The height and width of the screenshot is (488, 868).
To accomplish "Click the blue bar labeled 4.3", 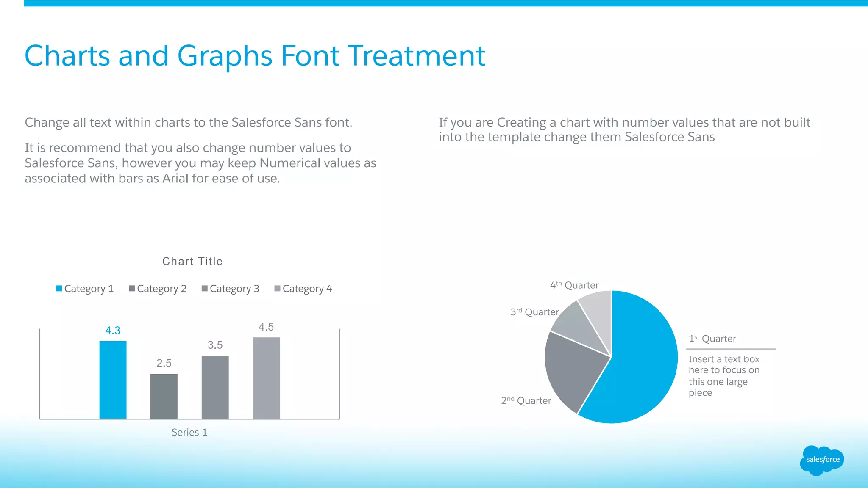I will coord(113,380).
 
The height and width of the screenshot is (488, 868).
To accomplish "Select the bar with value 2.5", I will coord(164,396).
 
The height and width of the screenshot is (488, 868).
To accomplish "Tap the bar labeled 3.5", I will coord(215,387).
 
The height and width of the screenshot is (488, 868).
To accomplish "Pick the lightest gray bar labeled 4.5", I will coord(266,378).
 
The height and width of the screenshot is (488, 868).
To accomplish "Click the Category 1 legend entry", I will coord(85,289).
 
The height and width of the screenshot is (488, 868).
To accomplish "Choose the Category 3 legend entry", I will coord(231,289).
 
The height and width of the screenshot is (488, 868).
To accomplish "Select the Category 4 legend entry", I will coord(303,289).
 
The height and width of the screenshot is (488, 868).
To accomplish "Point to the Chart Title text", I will coord(192,261).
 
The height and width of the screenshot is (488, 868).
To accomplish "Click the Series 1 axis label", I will coord(189,432).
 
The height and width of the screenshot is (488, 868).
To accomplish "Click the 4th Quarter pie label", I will coord(574,285).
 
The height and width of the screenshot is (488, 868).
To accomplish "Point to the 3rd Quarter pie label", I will coord(534,312).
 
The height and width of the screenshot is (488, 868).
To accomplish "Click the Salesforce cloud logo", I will coord(822,460).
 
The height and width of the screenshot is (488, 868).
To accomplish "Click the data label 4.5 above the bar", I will coord(266,327).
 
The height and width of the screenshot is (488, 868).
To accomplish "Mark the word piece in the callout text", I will coord(700,393).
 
